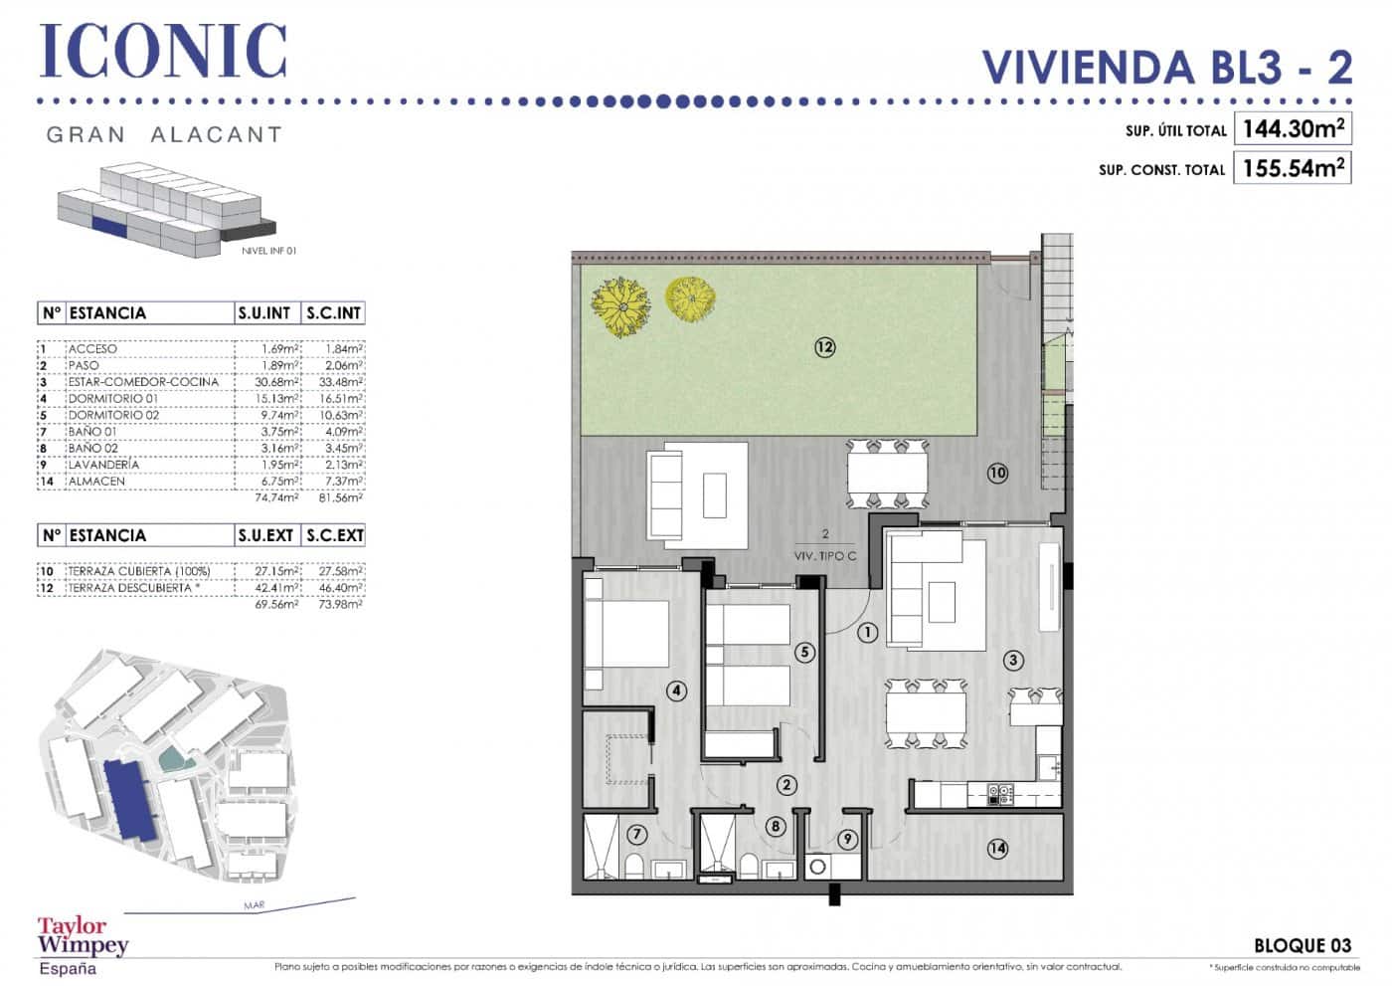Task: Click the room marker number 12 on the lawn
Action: coord(824,347)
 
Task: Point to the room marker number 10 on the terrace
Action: coord(997,473)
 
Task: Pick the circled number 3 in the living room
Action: coord(1013,660)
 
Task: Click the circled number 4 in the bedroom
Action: coord(676,690)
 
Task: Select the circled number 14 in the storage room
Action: coord(997,849)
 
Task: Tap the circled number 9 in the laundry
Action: coord(847,840)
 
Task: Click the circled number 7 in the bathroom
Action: coord(637,835)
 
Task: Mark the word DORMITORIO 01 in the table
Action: coord(112,398)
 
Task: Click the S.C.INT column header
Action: coord(334,313)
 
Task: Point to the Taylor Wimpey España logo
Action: coord(83,945)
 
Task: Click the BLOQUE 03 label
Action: coord(1303,945)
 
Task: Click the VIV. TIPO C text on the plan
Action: coord(824,556)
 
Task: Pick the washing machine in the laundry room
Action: coord(818,867)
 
